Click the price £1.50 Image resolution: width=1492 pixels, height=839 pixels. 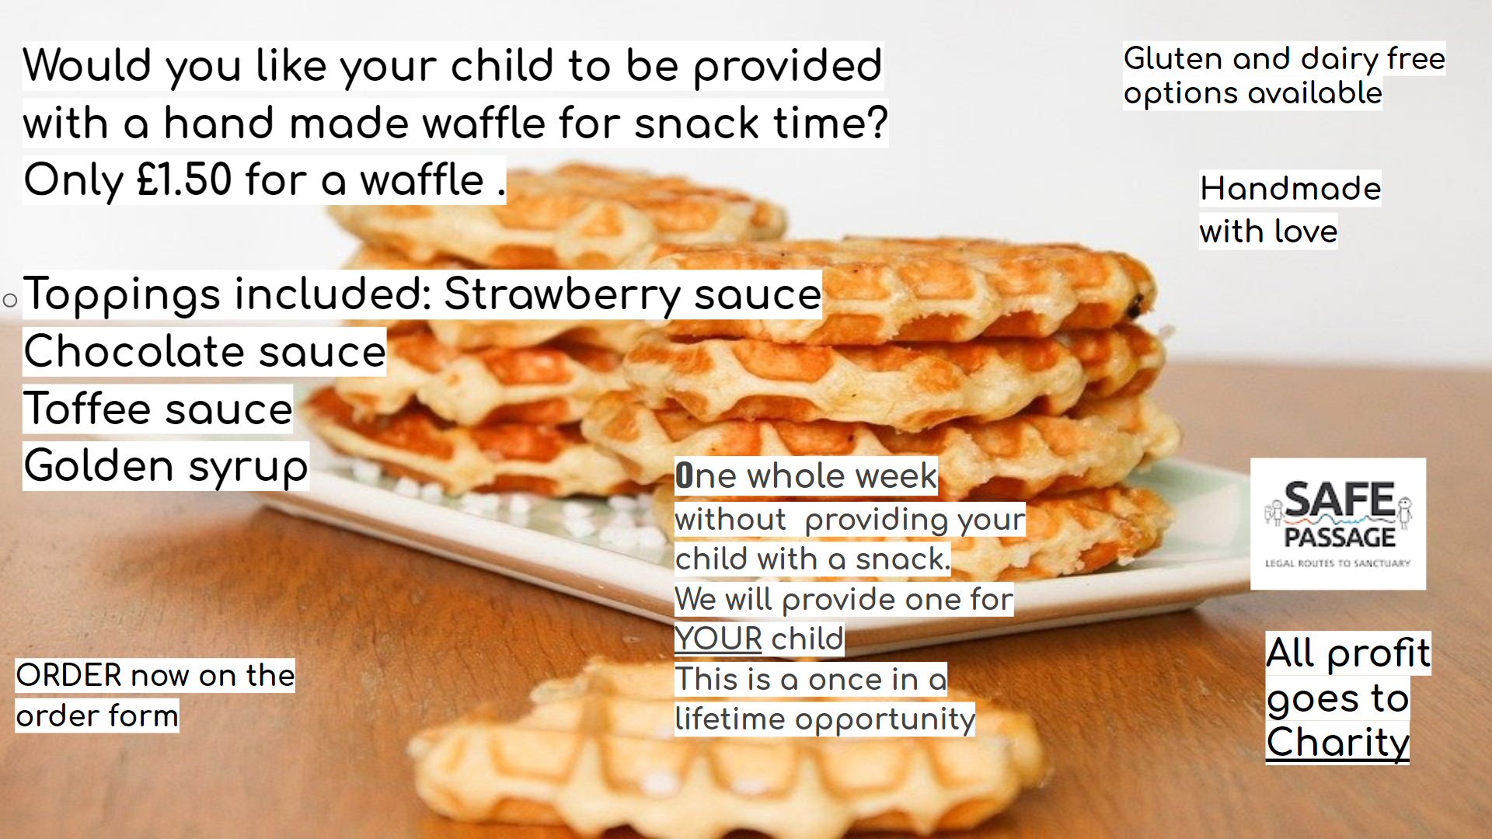[x=184, y=179]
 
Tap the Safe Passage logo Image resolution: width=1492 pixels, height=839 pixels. [x=1338, y=524]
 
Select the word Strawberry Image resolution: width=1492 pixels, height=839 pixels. [x=563, y=296]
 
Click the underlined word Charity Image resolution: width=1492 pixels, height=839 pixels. [x=1337, y=743]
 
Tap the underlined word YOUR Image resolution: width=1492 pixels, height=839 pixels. [x=718, y=639]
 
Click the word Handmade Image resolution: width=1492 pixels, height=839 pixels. [x=1291, y=188]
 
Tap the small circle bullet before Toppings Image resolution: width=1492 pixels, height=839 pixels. [x=10, y=300]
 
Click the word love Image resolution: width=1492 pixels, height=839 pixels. [x=1305, y=232]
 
